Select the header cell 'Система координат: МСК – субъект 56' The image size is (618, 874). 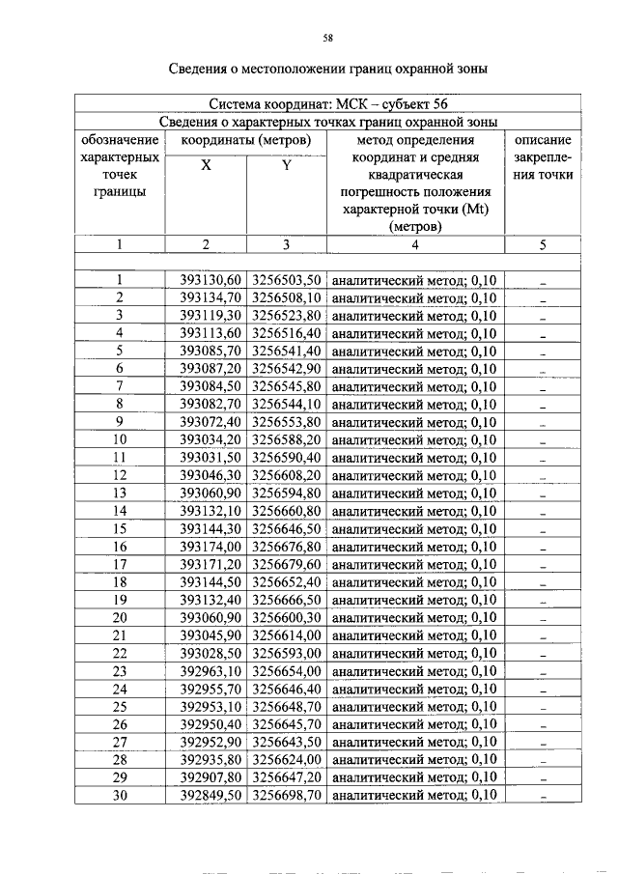pyautogui.click(x=327, y=103)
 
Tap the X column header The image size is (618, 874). pyautogui.click(x=206, y=165)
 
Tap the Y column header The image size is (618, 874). pyautogui.click(x=286, y=165)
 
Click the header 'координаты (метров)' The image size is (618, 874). pyautogui.click(x=245, y=140)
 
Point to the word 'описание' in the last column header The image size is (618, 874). pyautogui.click(x=544, y=140)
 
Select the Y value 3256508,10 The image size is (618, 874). pyautogui.click(x=286, y=297)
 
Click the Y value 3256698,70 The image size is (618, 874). pyautogui.click(x=286, y=795)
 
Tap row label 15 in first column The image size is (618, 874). pyautogui.click(x=121, y=528)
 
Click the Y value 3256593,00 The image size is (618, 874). pyautogui.click(x=286, y=653)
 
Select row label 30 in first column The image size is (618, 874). pyautogui.click(x=121, y=795)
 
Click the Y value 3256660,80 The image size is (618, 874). pyautogui.click(x=286, y=511)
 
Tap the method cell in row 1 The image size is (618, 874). pyautogui.click(x=414, y=280)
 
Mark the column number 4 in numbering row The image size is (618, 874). pyautogui.click(x=414, y=245)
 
